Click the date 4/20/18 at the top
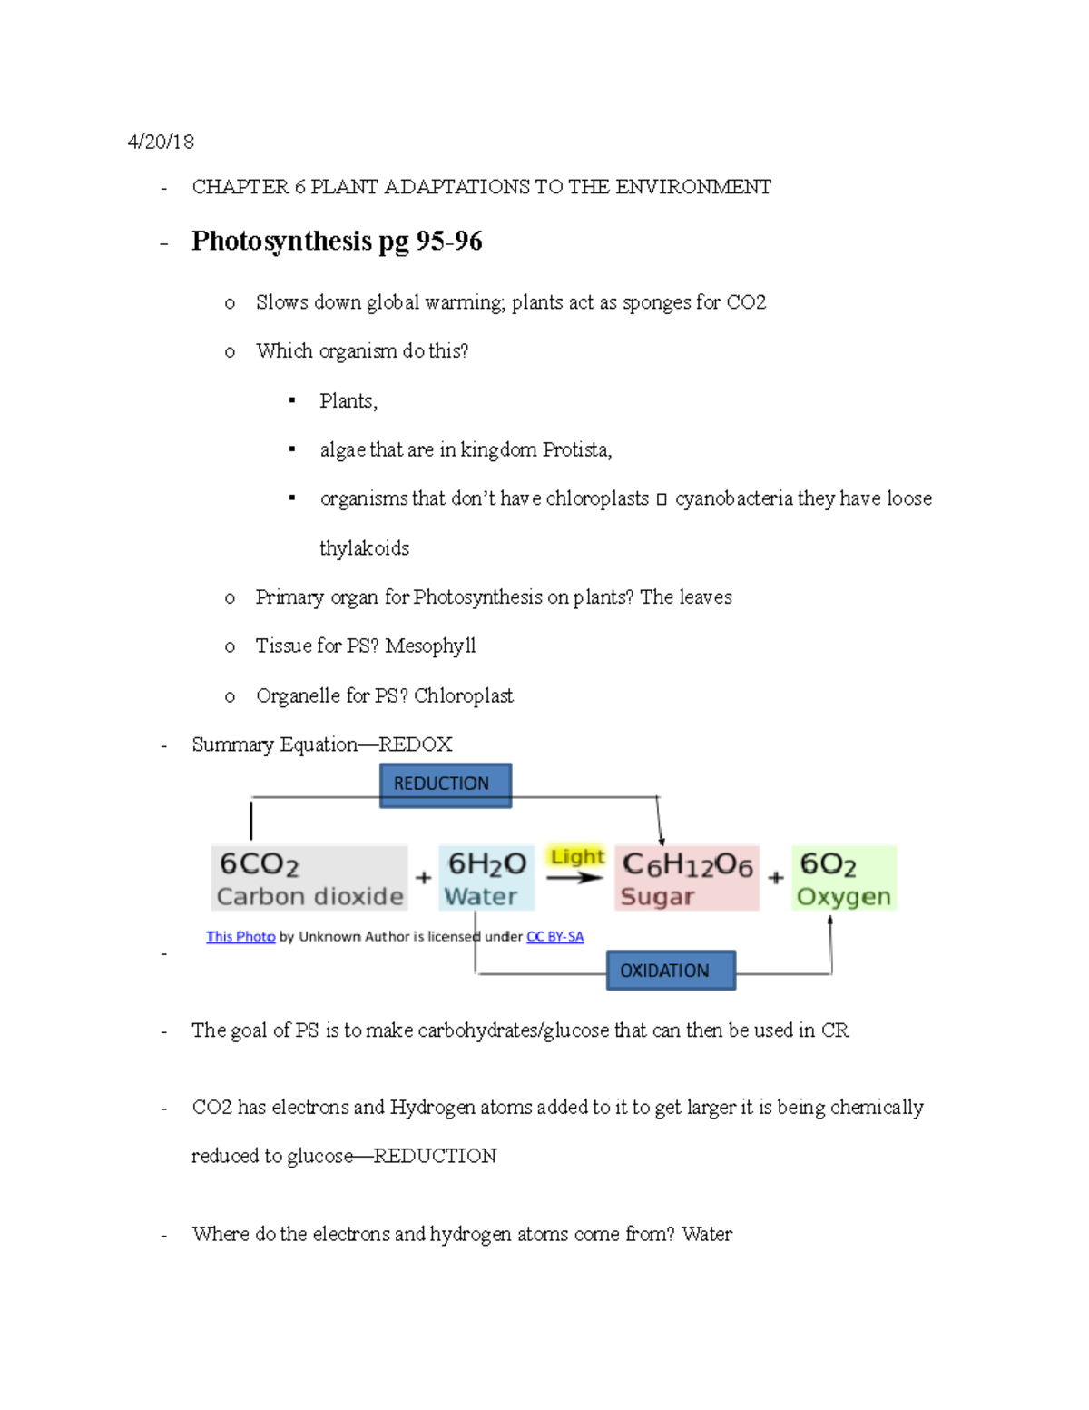click(161, 142)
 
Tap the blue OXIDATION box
click(670, 971)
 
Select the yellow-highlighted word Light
click(576, 856)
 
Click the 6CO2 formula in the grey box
click(260, 864)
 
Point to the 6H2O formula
click(487, 864)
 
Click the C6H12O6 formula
click(687, 865)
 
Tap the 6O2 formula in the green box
click(828, 864)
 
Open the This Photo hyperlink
click(240, 936)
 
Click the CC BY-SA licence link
click(554, 936)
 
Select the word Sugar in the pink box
click(657, 897)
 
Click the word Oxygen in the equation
click(843, 897)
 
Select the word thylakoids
click(364, 548)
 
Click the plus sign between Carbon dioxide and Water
click(423, 878)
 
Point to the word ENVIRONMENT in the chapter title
click(693, 187)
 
